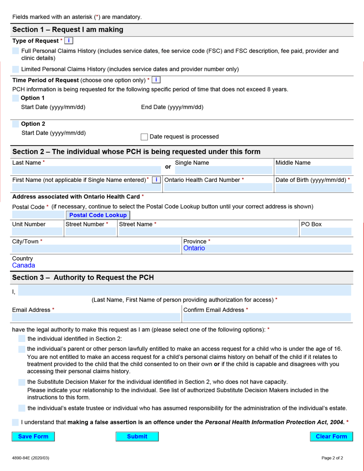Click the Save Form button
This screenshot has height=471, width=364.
coord(33,436)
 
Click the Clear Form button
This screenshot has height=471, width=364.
coord(331,436)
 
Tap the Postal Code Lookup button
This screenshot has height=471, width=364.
coord(98,215)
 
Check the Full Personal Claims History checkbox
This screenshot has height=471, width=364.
coord(15,51)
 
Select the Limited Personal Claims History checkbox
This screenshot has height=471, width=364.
coord(15,69)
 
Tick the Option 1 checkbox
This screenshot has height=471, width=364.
coord(15,98)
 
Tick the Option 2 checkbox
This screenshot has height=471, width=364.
coord(15,124)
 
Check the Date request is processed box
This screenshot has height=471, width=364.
coord(144,137)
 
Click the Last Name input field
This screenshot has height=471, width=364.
coord(86,170)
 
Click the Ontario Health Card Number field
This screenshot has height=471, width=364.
coord(218,187)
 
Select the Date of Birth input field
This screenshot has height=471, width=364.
coord(313,188)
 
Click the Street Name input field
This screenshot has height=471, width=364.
coord(208,231)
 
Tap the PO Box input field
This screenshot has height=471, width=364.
coord(326,231)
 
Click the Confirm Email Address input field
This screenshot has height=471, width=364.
coord(267,317)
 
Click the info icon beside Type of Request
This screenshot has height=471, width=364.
coord(69,41)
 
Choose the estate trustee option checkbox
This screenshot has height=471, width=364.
coord(22,408)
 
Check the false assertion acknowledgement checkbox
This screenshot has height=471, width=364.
coord(15,422)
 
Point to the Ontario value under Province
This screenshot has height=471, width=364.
coord(194,248)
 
